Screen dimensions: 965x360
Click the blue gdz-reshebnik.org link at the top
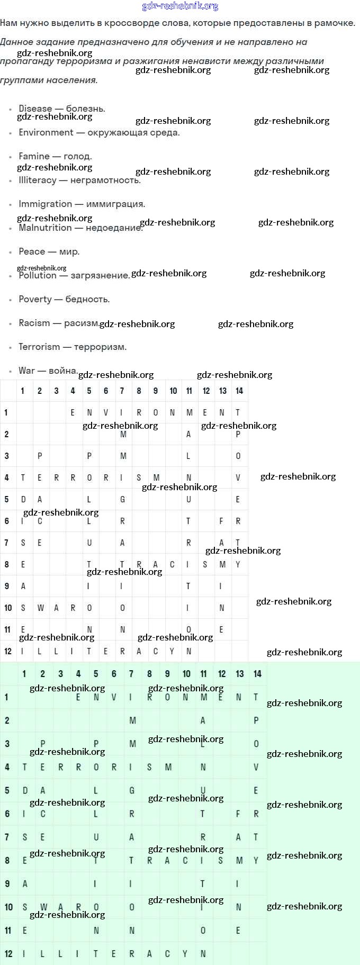tap(180, 6)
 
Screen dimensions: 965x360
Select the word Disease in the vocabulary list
tap(35, 109)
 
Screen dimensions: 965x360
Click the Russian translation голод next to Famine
tap(77, 156)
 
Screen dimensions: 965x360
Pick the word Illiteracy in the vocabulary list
tap(38, 180)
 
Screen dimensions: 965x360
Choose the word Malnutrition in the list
tap(45, 228)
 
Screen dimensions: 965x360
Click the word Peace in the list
tap(32, 251)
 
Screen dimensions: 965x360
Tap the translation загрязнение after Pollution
tap(100, 275)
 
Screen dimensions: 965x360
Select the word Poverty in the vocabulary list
tap(35, 299)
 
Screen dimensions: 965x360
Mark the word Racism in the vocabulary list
tap(34, 323)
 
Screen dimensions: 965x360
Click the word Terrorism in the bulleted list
tap(39, 347)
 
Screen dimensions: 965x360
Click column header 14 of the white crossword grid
tap(239, 391)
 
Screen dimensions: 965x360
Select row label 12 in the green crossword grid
tap(8, 953)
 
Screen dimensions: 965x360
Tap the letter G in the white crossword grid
tap(123, 499)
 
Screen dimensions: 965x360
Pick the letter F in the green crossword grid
tap(238, 814)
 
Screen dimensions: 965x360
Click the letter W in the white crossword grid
tap(40, 608)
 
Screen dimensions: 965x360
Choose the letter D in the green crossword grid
tap(25, 790)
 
